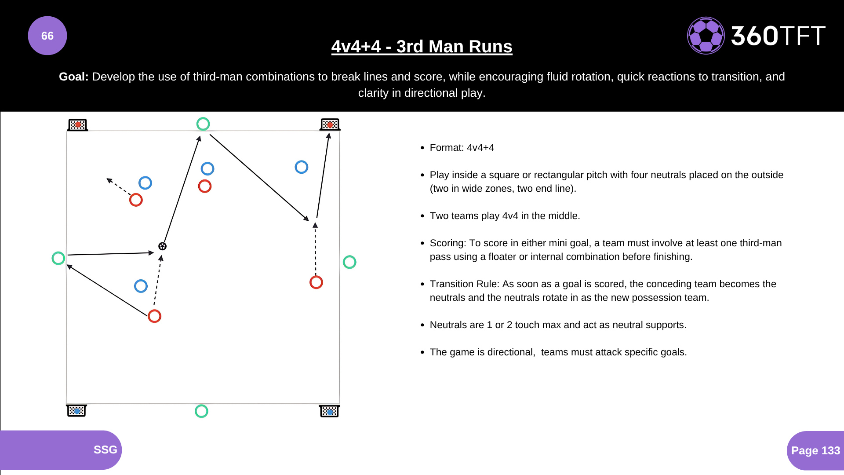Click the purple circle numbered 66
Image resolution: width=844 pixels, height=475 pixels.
click(47, 36)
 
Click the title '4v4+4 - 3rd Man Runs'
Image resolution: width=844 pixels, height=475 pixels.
click(422, 47)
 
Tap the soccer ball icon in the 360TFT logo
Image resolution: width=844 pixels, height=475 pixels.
click(706, 36)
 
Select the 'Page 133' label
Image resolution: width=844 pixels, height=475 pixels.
click(815, 450)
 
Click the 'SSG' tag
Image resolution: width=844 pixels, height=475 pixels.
click(105, 449)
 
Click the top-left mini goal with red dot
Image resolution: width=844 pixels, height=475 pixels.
click(78, 125)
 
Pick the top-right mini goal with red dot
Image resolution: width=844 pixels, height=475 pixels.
click(330, 125)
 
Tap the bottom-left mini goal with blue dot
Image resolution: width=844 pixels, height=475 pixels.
click(76, 411)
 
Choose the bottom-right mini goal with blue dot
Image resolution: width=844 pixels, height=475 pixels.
click(329, 411)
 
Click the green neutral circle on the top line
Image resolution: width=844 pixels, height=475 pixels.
click(203, 124)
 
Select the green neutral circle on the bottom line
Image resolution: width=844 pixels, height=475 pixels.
click(201, 411)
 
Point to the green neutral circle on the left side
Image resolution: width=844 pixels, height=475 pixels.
click(58, 258)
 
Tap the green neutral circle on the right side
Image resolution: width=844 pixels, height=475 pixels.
click(349, 262)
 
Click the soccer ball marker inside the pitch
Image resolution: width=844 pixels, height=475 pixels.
click(162, 246)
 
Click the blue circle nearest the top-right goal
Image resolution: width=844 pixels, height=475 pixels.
click(302, 167)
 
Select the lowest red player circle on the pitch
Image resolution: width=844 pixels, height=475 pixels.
click(154, 316)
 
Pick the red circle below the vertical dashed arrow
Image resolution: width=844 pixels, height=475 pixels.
click(316, 282)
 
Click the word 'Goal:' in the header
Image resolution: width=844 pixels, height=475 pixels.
click(74, 77)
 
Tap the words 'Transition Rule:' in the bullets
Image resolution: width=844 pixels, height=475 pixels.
click(465, 284)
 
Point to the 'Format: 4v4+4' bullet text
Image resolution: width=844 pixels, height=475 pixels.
click(462, 148)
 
